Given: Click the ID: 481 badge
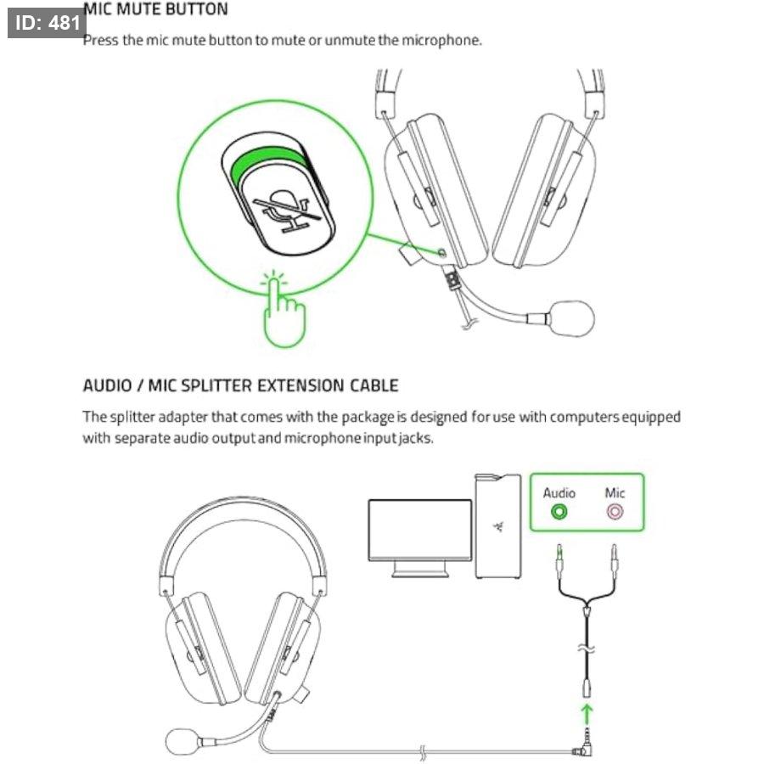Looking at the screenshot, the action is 47,23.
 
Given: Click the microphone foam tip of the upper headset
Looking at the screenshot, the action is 572,318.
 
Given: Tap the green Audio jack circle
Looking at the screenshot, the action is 559,512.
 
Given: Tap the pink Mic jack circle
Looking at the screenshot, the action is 615,512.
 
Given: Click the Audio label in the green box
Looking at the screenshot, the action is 559,493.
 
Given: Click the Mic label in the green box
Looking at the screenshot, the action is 615,492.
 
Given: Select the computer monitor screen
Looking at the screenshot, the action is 420,530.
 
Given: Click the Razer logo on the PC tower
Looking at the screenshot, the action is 498,526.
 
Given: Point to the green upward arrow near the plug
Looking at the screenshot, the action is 587,714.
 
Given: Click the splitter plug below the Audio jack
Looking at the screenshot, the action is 560,561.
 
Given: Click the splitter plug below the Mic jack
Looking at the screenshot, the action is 615,561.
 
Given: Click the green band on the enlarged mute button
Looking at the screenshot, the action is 266,160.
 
